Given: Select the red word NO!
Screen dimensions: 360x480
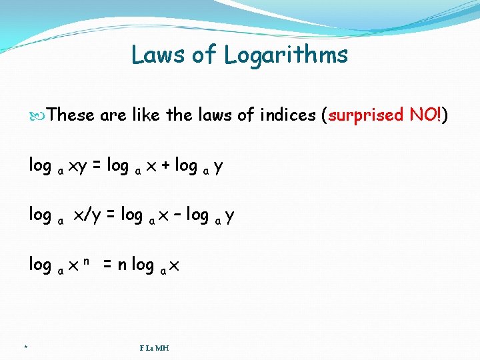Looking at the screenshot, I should [425, 115].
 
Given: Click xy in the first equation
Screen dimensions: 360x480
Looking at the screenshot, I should [77, 166].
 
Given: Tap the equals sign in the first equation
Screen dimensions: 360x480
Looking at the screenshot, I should [97, 165].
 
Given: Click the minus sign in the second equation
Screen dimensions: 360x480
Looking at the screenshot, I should [177, 215].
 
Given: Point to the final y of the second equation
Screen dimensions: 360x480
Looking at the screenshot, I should [229, 216].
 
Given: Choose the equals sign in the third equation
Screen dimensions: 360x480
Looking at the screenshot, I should [107, 265].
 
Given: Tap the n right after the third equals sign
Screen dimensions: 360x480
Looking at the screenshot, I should [121, 265].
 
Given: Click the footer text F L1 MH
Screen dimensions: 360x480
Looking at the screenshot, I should [154, 347].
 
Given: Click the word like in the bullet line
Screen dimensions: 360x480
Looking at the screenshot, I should [145, 115].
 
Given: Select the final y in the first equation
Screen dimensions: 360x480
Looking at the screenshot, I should [219, 167].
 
